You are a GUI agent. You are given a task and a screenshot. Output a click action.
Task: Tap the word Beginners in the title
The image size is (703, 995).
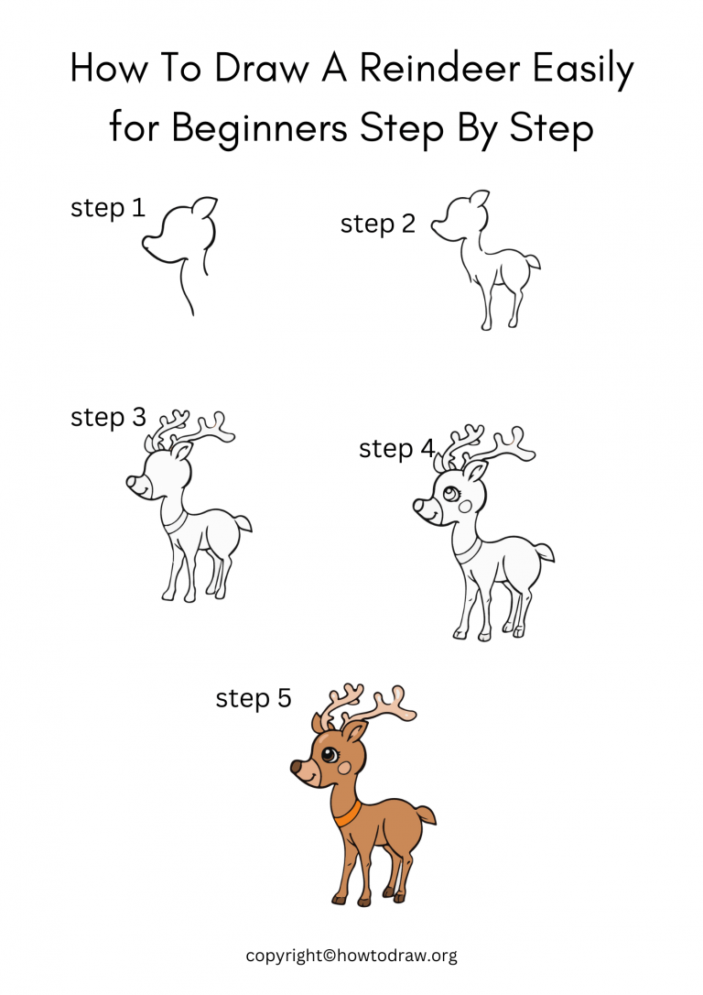(x=259, y=128)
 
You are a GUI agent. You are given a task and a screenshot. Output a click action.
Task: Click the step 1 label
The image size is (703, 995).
(x=108, y=208)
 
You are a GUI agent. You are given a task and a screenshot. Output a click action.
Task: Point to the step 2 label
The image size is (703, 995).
(x=378, y=224)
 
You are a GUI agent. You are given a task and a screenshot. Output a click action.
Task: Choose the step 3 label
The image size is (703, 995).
(x=108, y=417)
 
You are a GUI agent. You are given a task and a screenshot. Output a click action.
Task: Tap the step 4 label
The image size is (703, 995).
(x=397, y=449)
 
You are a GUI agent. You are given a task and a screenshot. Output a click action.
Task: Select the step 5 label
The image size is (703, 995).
(x=254, y=698)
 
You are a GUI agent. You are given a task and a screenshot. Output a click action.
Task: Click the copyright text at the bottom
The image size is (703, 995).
(x=351, y=956)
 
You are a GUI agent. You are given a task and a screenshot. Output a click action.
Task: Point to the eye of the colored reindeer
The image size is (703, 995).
(x=329, y=756)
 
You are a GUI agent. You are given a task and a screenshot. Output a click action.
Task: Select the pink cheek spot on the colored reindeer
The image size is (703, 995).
(x=343, y=770)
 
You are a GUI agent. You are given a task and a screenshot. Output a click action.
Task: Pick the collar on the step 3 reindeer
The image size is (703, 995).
(x=175, y=522)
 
